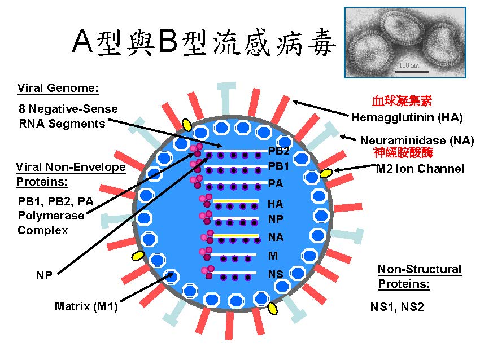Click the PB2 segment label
click(x=278, y=151)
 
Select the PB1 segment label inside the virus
click(x=278, y=166)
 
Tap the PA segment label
click(x=276, y=183)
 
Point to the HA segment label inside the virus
click(x=276, y=204)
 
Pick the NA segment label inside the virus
click(x=276, y=238)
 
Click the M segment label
click(x=273, y=256)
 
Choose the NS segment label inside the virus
click(x=276, y=274)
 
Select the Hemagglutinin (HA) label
click(x=407, y=118)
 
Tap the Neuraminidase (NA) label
click(x=417, y=141)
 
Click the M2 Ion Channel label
click(x=420, y=168)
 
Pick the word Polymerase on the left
click(x=51, y=216)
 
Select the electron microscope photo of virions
click(x=405, y=42)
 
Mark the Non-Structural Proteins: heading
click(x=420, y=276)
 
